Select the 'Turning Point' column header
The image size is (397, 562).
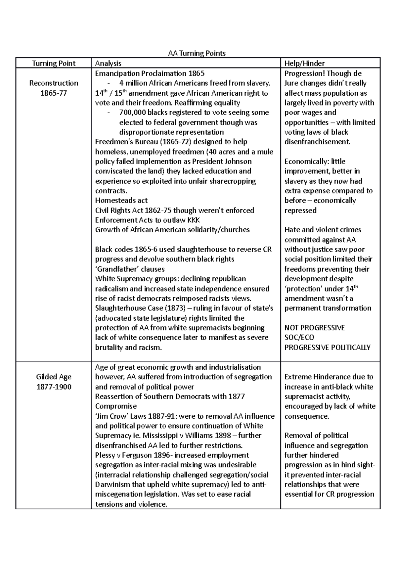point(54,63)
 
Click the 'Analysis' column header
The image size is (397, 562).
point(108,63)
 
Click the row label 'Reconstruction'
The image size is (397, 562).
point(54,83)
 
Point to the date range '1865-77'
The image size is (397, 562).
point(54,93)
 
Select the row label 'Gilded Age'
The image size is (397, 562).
point(54,377)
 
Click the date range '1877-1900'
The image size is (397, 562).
point(54,387)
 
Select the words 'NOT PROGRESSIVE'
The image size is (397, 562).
point(314,328)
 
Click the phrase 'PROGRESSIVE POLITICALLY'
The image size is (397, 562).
point(327,348)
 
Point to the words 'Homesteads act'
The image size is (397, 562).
point(121,201)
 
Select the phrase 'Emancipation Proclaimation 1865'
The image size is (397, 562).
point(150,73)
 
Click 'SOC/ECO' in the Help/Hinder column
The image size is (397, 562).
point(299,338)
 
